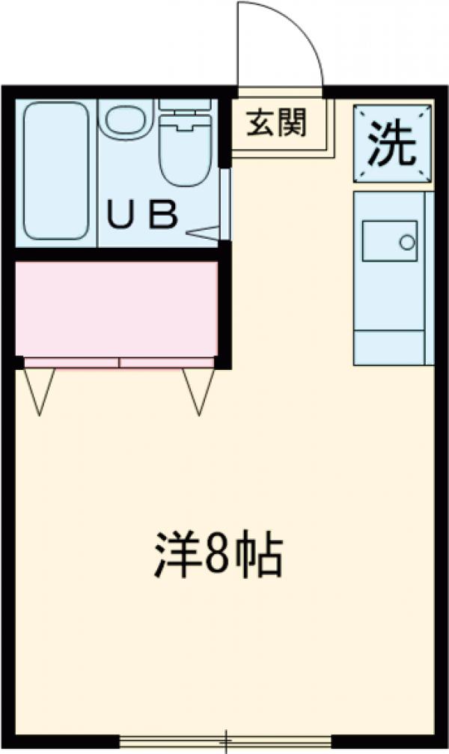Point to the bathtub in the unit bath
(x=56, y=171)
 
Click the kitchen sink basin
(x=390, y=240)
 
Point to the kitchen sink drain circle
(x=407, y=243)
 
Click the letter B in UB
(x=163, y=216)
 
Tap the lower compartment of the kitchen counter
(x=389, y=348)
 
